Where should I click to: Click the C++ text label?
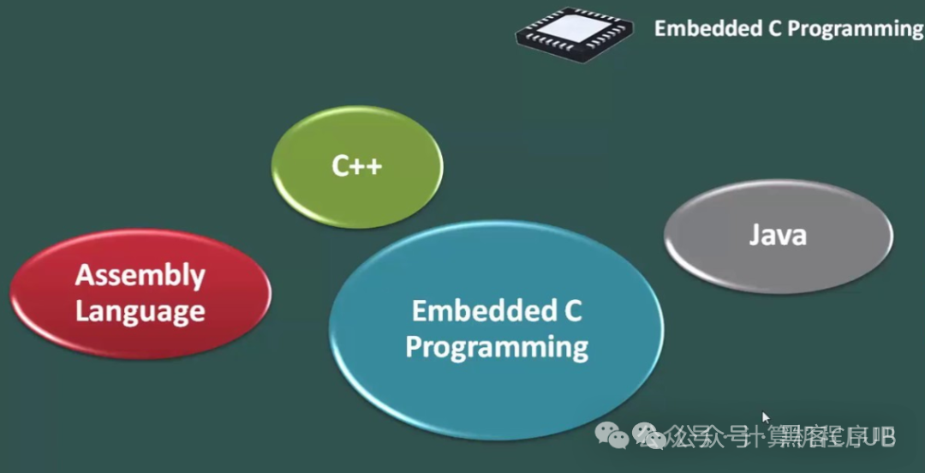[357, 165]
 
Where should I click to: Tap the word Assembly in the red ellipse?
[140, 275]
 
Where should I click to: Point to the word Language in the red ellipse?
[140, 311]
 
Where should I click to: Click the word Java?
[778, 235]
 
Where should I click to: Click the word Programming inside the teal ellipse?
[497, 347]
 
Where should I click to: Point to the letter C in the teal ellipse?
[573, 310]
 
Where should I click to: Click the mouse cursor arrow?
[766, 417]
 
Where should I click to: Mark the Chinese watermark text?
[771, 438]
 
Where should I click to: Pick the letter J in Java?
[755, 235]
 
